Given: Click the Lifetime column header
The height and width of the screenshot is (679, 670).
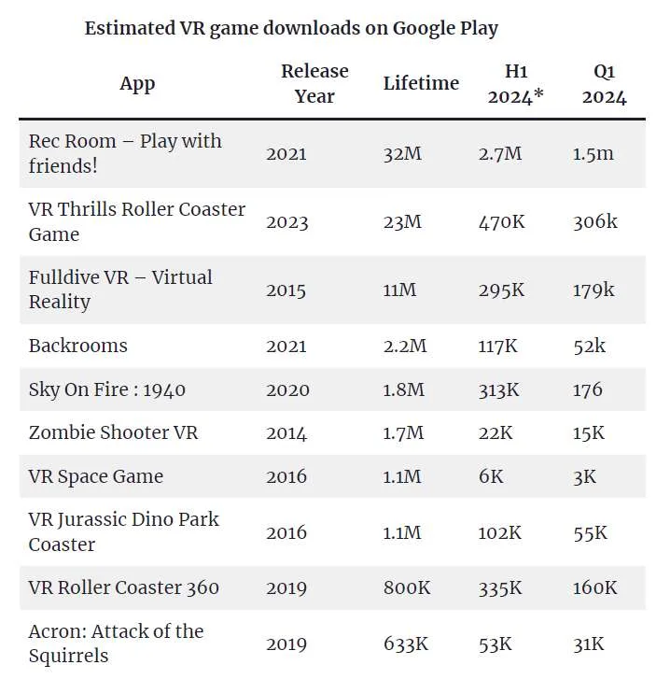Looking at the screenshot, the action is coord(421,83).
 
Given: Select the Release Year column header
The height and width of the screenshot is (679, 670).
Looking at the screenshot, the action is coord(314,83).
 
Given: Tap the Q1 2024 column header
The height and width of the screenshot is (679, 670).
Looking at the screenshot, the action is coord(604,83).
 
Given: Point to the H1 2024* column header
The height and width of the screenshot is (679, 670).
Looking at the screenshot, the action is coord(515,83).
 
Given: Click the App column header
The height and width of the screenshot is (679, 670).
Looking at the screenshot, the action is coord(137,83).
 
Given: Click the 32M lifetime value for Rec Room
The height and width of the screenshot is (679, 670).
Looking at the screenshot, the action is coord(402,154).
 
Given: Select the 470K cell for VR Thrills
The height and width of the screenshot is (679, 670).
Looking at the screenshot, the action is coord(501,222).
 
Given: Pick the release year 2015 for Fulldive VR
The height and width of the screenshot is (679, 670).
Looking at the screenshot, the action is coord(286,290).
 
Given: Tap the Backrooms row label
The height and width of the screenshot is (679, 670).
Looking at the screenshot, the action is coord(78,346).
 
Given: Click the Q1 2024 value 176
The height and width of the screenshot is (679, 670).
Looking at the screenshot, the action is coord(587,389).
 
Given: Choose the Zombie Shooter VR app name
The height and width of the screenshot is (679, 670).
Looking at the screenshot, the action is coord(113,432).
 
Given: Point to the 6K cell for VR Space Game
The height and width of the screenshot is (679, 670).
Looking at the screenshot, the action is coord(491,476).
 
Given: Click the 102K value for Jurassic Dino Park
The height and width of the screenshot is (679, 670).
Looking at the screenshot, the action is coord(499,532).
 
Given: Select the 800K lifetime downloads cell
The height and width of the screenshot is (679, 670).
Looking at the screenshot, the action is coord(407,588).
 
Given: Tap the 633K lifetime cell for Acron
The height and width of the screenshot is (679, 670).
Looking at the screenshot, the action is coord(406,644).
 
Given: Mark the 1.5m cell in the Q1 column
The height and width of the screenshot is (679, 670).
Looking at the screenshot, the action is coord(593,154).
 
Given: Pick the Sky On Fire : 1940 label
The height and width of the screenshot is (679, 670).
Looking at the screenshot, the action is coord(107,389).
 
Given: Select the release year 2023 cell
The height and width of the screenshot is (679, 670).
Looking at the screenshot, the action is coord(287,222).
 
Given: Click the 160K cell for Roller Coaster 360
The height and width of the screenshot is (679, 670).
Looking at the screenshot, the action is coord(594,588).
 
